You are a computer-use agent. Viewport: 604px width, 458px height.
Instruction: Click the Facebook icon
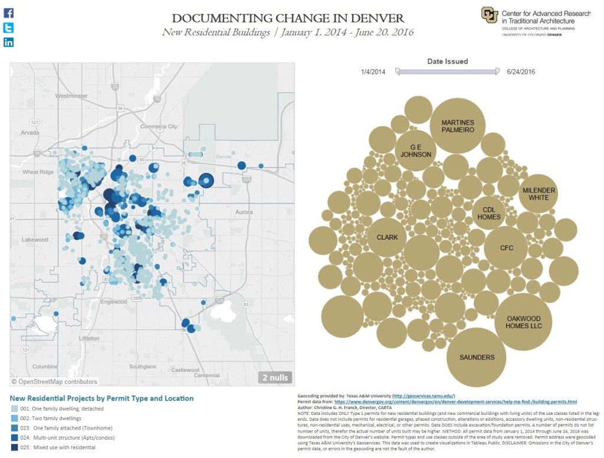point(9,13)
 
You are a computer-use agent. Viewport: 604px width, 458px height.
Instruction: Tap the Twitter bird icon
point(9,28)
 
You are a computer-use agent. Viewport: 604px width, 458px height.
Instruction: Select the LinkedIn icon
point(9,42)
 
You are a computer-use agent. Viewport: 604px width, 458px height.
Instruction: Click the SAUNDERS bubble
point(477,356)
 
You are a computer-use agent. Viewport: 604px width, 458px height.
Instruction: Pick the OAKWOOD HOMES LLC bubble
point(523,322)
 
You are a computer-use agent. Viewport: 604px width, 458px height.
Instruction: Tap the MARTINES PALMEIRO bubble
point(458,126)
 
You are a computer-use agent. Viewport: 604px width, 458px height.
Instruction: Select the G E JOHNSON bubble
point(416,151)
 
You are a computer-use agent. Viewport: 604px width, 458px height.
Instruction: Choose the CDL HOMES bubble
point(491,212)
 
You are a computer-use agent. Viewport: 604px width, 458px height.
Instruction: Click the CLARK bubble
point(387,237)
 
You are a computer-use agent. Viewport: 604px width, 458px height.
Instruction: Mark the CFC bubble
point(506,248)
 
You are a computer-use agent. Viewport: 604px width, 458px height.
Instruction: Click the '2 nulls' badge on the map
point(275,377)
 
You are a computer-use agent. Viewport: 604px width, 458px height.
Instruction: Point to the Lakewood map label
point(35,240)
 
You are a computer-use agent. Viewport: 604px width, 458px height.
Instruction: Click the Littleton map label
point(90,338)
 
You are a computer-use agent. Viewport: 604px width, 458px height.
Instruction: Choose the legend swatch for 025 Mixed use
point(14,448)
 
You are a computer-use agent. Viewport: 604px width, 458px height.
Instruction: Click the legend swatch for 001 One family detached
point(14,408)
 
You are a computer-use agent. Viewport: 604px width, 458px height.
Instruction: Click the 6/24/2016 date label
point(521,72)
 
